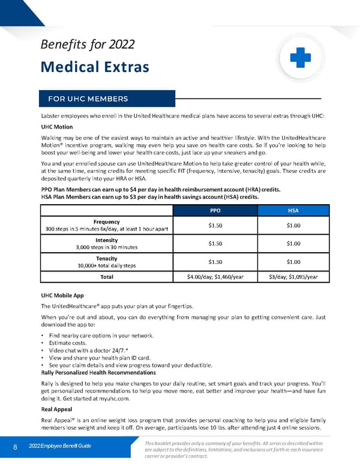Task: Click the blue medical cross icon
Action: click(299, 57)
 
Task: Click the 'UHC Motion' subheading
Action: click(56, 127)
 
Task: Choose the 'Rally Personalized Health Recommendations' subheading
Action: click(98, 372)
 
